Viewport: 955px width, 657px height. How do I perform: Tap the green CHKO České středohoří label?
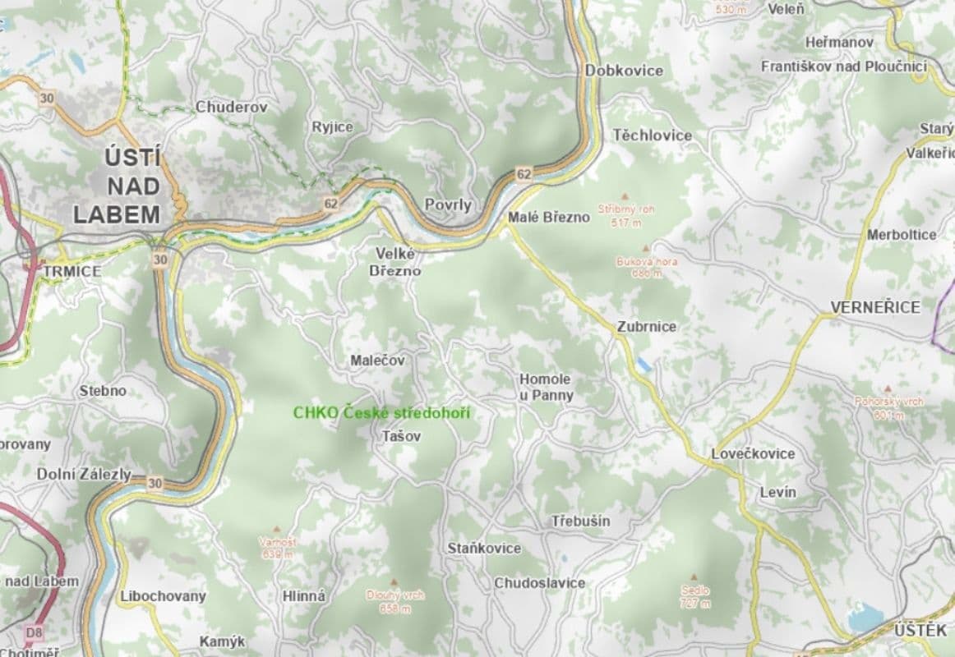tap(381, 412)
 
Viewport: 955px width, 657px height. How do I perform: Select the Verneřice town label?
tap(874, 307)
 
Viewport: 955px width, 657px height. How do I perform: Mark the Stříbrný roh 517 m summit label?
tap(626, 215)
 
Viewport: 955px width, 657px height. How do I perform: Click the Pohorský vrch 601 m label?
tap(888, 407)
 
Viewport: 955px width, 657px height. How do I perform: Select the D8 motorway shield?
tap(34, 632)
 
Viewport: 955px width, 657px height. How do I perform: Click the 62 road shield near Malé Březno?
tap(524, 173)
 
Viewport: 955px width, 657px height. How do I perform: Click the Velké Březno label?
tap(394, 262)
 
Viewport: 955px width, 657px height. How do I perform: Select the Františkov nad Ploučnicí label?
tap(843, 67)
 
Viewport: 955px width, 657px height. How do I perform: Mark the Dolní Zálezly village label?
tap(84, 474)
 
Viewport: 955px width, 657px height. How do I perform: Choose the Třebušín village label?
tap(580, 521)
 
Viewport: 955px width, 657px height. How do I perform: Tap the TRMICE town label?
tap(72, 271)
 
